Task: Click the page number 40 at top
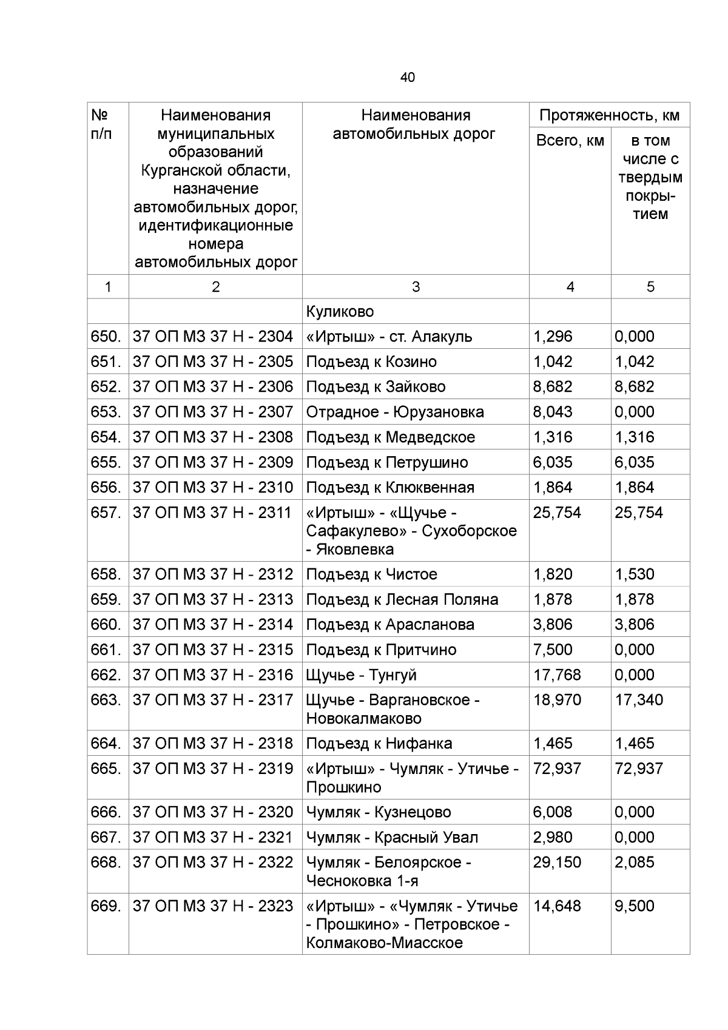pos(408,78)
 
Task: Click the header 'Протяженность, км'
pos(609,115)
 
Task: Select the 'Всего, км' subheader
pos(570,141)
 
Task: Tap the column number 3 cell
pos(416,287)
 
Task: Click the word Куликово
pos(340,312)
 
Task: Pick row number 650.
pos(107,337)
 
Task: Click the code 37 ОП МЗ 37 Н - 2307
pos(213,412)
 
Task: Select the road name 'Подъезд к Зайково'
pos(376,387)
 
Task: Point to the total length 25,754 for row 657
pos(557,513)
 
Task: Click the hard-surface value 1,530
pos(634,574)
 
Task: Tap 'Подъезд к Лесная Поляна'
pos(402,599)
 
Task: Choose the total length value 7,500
pos(552,650)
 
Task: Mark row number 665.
pos(107,769)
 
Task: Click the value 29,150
pos(557,863)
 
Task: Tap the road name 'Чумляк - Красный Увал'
pos(392,838)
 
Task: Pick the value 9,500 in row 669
pos(634,906)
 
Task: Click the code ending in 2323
pos(213,906)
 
